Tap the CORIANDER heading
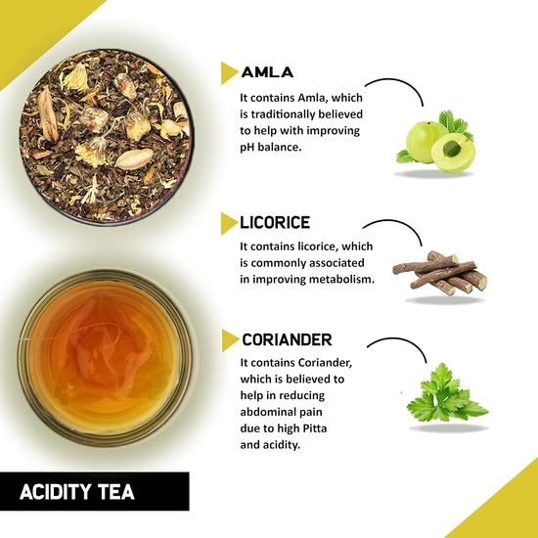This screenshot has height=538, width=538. [x=290, y=339]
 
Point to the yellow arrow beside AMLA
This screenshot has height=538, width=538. [x=229, y=71]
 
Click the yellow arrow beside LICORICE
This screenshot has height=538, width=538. [x=229, y=222]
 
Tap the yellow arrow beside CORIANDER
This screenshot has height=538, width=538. [x=230, y=340]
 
